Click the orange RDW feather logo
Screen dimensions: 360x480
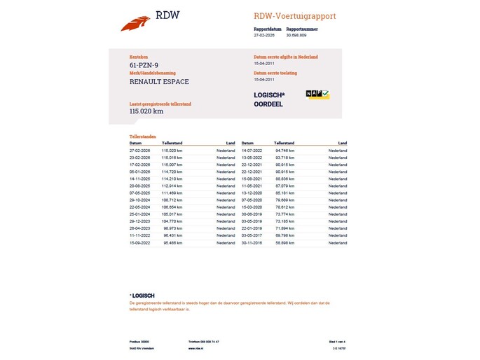pos(135,22)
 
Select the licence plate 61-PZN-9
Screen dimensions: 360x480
pos(144,65)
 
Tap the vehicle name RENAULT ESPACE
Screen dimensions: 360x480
pos(159,81)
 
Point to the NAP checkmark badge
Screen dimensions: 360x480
pos(317,94)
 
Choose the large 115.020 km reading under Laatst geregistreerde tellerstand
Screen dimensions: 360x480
pos(146,111)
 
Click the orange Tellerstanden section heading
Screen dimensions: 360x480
pos(143,136)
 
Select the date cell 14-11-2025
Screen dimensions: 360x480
pos(141,179)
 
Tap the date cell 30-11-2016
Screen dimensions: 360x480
pos(252,242)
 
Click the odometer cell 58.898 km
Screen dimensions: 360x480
pos(284,242)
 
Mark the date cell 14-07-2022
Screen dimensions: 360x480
pos(252,151)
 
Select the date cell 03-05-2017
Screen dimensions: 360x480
pos(252,235)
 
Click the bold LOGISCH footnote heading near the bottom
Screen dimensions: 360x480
pos(142,296)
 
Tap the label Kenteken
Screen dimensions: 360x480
pos(139,57)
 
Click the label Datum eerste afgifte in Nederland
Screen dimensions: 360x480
pos(286,57)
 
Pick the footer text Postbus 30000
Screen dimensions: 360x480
pos(140,341)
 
